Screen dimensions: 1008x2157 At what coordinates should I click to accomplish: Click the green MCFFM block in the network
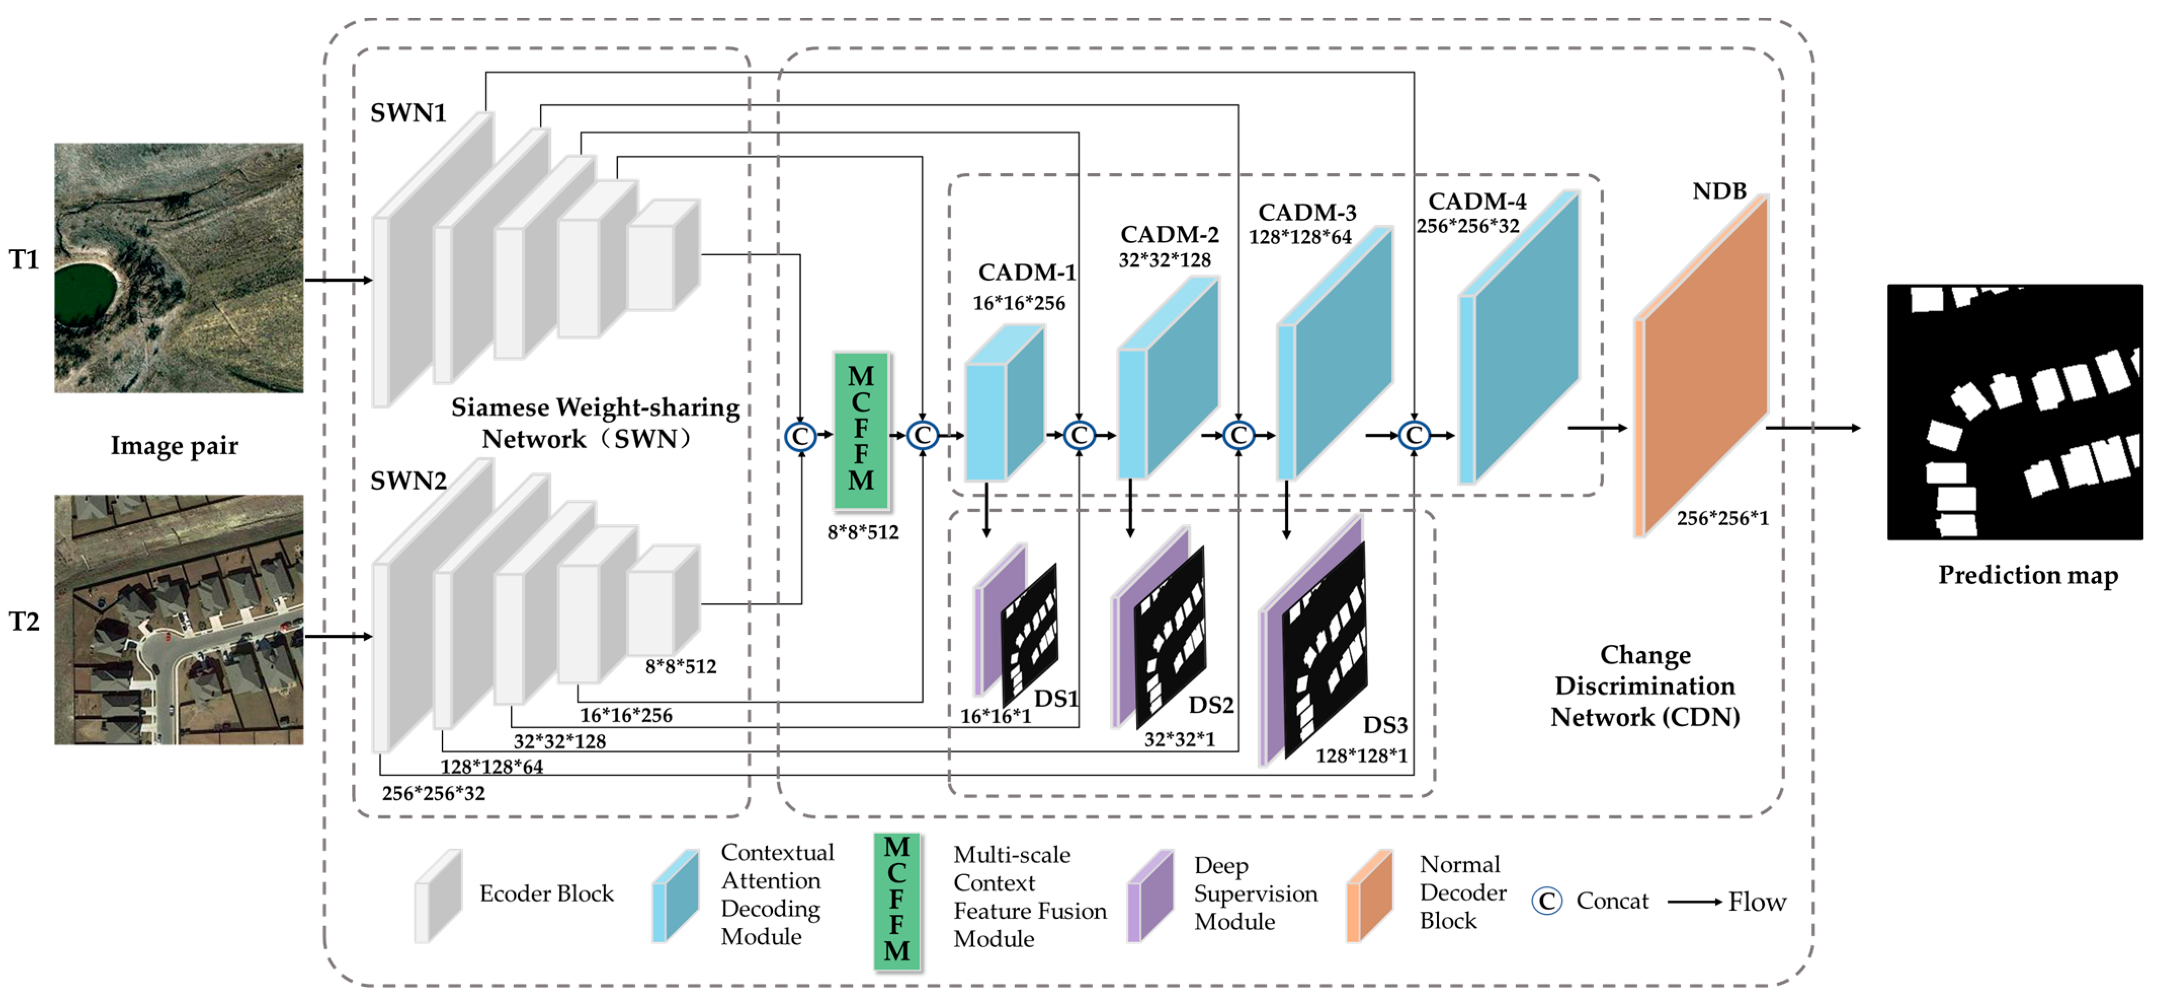[861, 430]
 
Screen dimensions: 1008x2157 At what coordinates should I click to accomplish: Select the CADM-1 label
[1026, 273]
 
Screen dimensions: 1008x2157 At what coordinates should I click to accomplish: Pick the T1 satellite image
[178, 267]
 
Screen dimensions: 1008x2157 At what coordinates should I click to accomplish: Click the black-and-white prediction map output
[2014, 411]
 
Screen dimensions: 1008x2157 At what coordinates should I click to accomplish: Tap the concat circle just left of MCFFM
[800, 436]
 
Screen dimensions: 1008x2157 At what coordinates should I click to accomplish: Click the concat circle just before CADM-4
[1414, 436]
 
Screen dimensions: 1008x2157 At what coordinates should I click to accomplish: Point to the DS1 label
[1055, 699]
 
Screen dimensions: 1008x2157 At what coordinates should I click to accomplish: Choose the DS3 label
[1385, 725]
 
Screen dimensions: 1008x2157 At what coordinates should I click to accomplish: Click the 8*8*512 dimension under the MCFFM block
[862, 532]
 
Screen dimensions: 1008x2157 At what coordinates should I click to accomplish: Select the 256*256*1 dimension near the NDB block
[1722, 519]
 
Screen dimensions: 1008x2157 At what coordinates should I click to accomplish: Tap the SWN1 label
[408, 113]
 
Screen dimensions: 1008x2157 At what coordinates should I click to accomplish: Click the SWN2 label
[408, 481]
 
